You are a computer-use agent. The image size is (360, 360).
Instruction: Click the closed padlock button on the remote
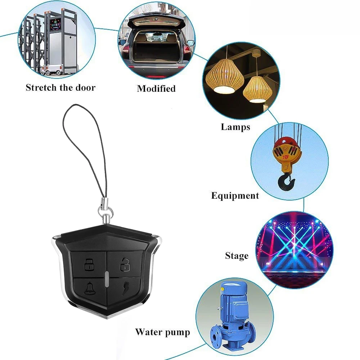[x=89, y=265]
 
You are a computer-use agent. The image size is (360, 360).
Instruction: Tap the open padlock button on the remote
[x=123, y=265]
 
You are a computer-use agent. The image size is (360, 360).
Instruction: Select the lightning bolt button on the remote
[x=124, y=289]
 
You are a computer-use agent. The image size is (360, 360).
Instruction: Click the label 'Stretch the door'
[x=60, y=87]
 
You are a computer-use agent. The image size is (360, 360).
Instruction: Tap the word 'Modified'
[x=156, y=89]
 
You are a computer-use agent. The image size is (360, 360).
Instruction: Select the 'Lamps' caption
[x=235, y=127]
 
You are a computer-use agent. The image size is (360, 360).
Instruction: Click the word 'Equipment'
[x=235, y=196]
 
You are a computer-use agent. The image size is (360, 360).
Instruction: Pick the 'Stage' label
[x=237, y=256]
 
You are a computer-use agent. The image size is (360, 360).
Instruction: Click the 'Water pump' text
[x=162, y=332]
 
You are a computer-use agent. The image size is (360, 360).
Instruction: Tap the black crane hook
[x=287, y=180]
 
